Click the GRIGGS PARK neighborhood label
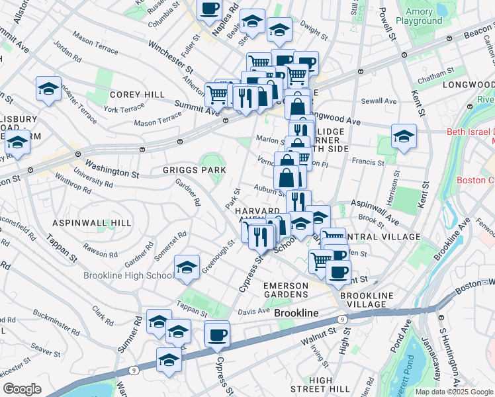tap(195, 170)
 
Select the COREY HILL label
tap(138, 95)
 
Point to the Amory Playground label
tap(420, 15)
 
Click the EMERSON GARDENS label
tap(286, 290)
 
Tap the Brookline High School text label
tap(128, 275)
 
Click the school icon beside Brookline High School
tap(187, 267)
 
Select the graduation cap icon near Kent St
tap(404, 136)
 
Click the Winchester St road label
tap(171, 56)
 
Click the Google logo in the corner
tap(22, 389)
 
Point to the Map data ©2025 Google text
tap(454, 392)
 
